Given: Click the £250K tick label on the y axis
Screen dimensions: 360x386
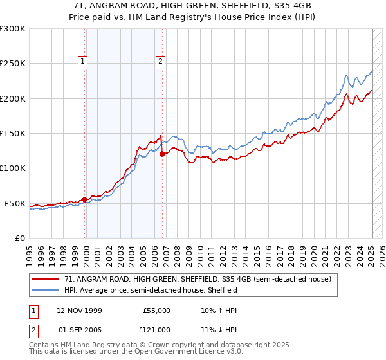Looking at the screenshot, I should pos(13,64).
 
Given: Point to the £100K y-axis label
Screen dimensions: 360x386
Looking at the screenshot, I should pos(13,168).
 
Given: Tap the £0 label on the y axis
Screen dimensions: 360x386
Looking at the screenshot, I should pos(19,238).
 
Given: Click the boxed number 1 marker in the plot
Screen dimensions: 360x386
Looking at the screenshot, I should pos(84,62).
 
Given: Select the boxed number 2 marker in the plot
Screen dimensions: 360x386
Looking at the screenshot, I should pos(160,62).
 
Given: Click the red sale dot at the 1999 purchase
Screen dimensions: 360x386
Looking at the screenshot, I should pos(85,199).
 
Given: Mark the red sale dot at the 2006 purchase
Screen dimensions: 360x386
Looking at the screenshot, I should pos(162,154).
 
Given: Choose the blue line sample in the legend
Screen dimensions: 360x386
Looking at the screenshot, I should pos(46,291).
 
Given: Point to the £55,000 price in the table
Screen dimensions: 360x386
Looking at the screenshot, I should pos(155,310).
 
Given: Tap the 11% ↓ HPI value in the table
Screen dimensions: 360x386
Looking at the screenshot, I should pos(219,330).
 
